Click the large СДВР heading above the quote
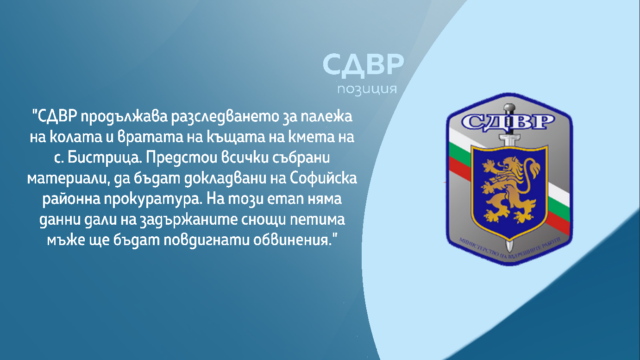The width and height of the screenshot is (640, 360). tap(363, 65)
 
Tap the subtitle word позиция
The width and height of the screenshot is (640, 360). tap(367, 88)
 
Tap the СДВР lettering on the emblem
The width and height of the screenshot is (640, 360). tap(508, 122)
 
